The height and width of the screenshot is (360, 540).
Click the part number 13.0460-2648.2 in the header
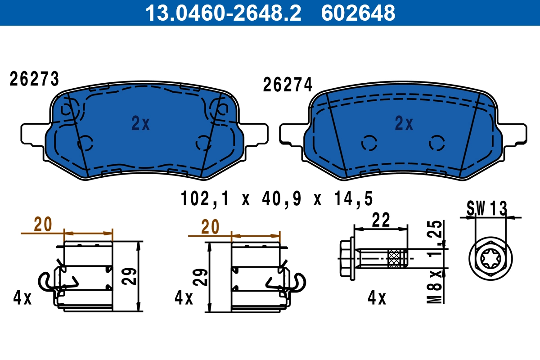point(222,13)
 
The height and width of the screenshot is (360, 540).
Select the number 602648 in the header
point(358,13)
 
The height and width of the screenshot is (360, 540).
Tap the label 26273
point(35,80)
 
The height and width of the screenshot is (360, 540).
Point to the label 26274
point(288,85)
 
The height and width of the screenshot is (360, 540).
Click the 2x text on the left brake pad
point(140,123)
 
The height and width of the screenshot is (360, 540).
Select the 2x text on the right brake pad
point(404,123)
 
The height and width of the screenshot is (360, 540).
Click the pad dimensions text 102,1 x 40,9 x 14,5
point(277,198)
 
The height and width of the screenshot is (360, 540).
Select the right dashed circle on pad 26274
point(436,143)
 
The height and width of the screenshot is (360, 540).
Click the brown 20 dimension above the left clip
point(43,224)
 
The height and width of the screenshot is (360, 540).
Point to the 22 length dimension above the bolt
point(381,220)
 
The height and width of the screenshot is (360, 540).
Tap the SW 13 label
point(486,208)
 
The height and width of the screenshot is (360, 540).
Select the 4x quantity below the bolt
point(377,298)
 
